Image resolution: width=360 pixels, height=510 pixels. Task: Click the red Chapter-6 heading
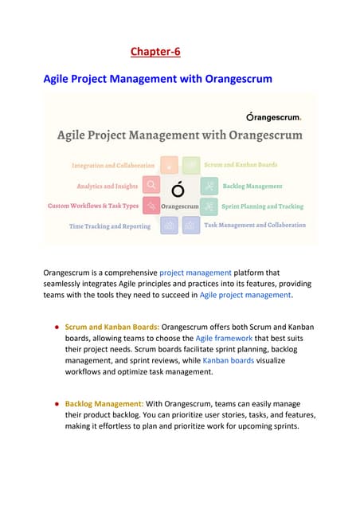tap(155, 53)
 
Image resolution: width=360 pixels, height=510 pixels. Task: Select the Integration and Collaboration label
tap(113, 166)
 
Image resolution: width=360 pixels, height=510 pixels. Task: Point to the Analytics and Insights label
tap(108, 186)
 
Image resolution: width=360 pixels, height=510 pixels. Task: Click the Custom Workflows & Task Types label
tap(93, 206)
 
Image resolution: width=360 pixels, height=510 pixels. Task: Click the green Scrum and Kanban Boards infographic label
tap(241, 165)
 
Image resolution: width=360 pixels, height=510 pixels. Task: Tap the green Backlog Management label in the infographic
tap(252, 186)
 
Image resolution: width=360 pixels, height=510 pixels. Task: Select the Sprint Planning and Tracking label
tap(262, 206)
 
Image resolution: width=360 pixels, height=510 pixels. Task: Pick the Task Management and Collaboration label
tap(255, 225)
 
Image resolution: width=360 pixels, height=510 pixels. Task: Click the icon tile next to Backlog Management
tap(209, 186)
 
